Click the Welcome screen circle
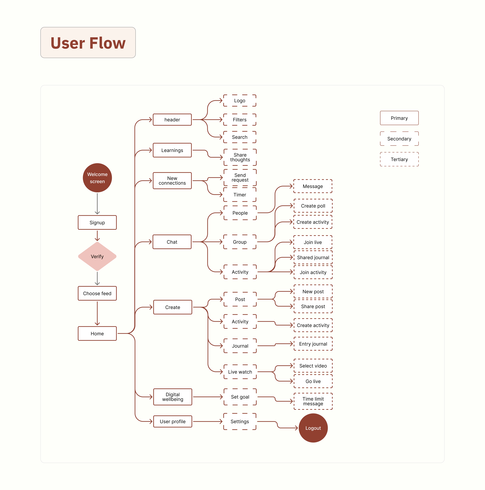(97, 178)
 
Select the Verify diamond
(97, 256)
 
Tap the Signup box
(97, 222)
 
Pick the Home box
(97, 334)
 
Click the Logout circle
(313, 428)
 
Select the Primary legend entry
(399, 118)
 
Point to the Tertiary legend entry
(399, 159)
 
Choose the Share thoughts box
(240, 157)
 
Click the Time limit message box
(313, 401)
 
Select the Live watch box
(240, 372)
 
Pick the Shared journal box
(313, 257)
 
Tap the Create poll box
(313, 206)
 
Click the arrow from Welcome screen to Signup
(97, 204)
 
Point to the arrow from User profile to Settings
(208, 421)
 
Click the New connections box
(172, 181)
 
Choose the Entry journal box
(313, 344)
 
